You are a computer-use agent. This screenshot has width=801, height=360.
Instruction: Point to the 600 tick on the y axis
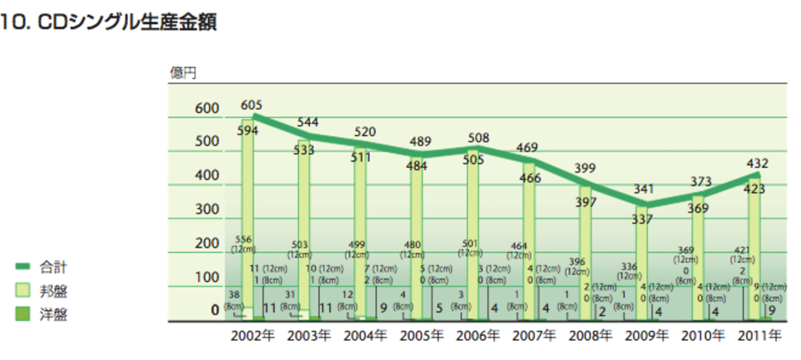click(x=208, y=108)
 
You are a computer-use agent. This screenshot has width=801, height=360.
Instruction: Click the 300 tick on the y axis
click(x=208, y=209)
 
